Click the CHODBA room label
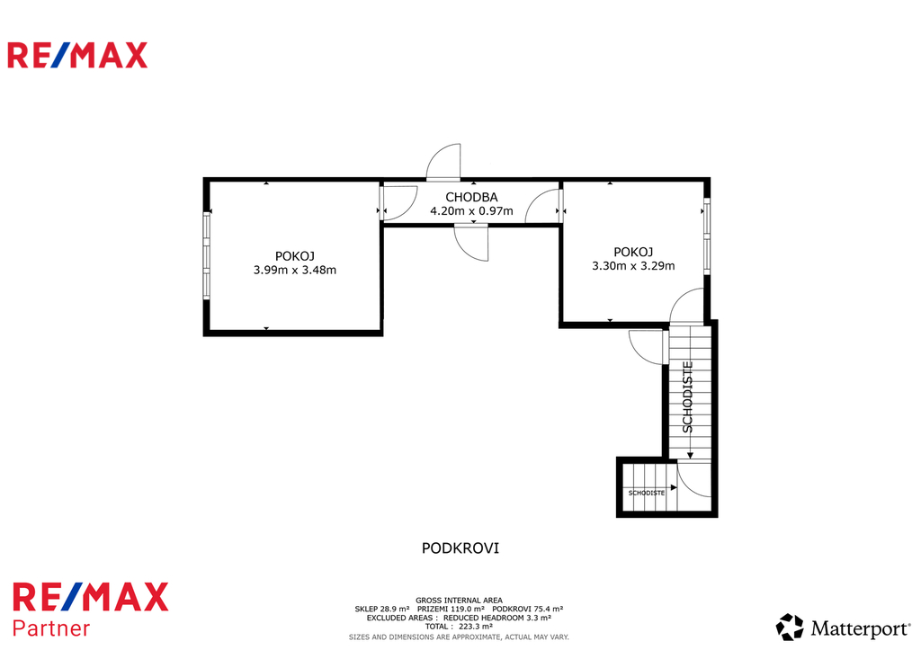point(471,197)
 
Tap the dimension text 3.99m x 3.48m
point(295,270)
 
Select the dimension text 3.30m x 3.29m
point(633,266)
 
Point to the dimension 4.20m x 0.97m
point(471,210)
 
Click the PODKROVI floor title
point(460,548)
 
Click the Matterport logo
point(843,628)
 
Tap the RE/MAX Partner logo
point(91,610)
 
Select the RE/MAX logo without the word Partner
point(77,55)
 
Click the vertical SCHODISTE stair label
point(688,397)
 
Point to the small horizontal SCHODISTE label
point(646,493)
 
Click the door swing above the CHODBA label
point(443,162)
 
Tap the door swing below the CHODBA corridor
point(471,244)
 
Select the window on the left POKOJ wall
point(207,255)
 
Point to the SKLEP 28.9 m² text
point(381,609)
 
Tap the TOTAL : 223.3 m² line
point(459,627)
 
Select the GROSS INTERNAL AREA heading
point(459,600)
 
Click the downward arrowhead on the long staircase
point(690,455)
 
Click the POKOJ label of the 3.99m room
point(295,256)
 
